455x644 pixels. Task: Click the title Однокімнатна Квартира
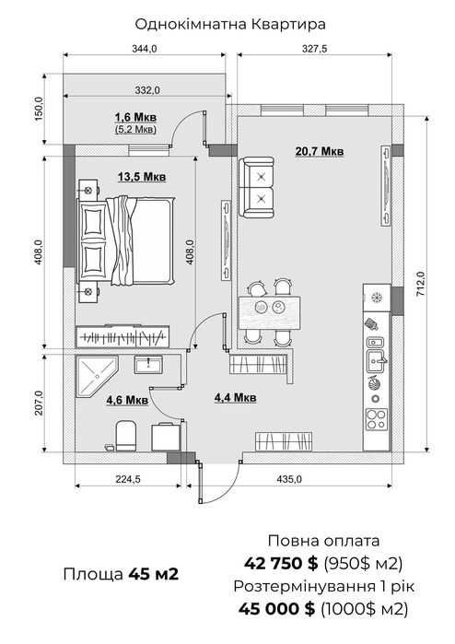(x=230, y=24)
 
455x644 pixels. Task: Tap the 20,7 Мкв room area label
(x=320, y=151)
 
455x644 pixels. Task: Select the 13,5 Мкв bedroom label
(x=142, y=177)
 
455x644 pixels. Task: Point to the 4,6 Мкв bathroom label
(x=127, y=400)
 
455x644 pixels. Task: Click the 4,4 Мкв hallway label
(x=235, y=398)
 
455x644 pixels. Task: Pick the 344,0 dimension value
(x=144, y=49)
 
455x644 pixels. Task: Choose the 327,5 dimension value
(x=315, y=49)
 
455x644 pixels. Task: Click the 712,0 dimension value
(x=421, y=284)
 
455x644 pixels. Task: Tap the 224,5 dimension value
(x=128, y=479)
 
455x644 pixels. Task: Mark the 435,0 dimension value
(x=289, y=479)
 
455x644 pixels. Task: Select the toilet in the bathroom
(x=125, y=436)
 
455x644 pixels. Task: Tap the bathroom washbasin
(x=148, y=364)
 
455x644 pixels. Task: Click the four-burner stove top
(x=377, y=419)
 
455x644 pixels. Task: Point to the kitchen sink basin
(x=377, y=361)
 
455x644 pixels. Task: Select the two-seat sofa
(x=257, y=188)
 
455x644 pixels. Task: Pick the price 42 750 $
(x=281, y=564)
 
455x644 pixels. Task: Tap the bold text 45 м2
(x=154, y=574)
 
